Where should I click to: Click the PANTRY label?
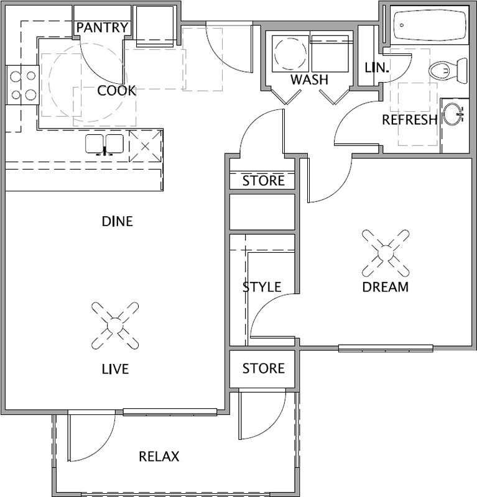[x=102, y=27]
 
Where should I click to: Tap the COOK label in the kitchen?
[x=116, y=91]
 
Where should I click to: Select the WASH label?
[x=310, y=80]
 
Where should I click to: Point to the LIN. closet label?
[x=377, y=68]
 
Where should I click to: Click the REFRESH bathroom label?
[x=410, y=120]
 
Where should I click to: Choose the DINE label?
[x=117, y=221]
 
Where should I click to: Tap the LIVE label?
[x=115, y=369]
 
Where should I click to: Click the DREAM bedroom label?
[x=386, y=287]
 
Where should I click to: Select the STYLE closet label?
[x=262, y=287]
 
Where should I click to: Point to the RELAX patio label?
[x=159, y=457]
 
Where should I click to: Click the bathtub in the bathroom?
[x=430, y=25]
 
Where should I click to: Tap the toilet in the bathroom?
[x=448, y=70]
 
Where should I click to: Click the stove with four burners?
[x=22, y=85]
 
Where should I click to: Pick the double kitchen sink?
[x=104, y=145]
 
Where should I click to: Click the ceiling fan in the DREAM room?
[x=386, y=253]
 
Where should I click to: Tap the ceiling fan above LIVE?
[x=115, y=326]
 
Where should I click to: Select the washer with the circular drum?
[x=290, y=53]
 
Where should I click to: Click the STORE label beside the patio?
[x=264, y=368]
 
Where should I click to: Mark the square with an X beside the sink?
[x=145, y=146]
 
